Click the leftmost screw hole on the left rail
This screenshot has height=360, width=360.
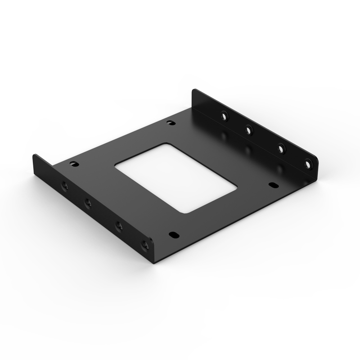[64, 184]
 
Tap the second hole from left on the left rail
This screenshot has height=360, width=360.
[88, 203]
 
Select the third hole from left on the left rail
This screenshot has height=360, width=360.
[119, 225]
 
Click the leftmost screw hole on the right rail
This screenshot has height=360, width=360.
[224, 116]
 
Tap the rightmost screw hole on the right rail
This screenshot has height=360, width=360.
[308, 164]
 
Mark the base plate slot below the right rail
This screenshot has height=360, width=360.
[272, 184]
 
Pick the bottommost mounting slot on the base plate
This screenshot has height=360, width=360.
[173, 234]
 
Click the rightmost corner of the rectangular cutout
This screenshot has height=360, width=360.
[236, 187]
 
